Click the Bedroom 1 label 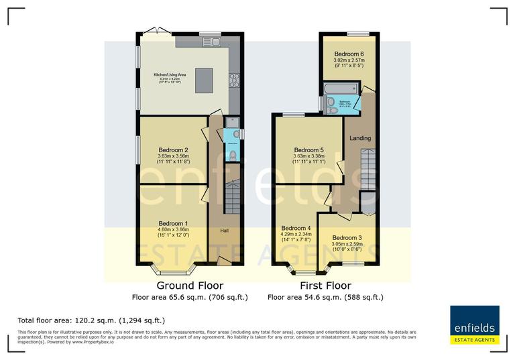point(173,223)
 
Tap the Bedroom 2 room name point(173,150)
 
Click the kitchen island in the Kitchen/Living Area point(204,80)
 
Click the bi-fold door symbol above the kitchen point(155,30)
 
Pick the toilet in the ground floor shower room point(232,155)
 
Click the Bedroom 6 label point(349,54)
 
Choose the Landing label point(360,138)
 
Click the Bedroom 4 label point(296,228)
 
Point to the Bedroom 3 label point(347,237)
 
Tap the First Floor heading point(325,286)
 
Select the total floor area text point(91,320)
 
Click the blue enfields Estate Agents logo point(474,326)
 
